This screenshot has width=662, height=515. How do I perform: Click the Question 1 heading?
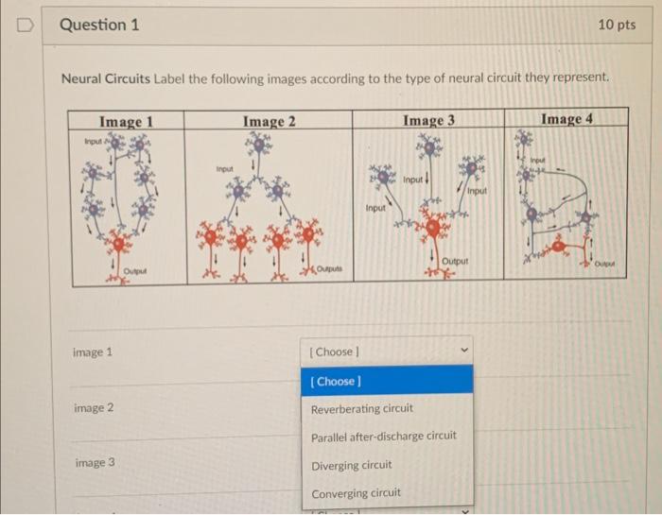[99, 25]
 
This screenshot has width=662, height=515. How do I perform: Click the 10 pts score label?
[617, 25]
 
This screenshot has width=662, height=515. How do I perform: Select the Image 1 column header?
[126, 121]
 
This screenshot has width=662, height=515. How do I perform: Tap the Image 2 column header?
[269, 121]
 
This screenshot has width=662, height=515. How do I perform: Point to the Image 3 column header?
[428, 120]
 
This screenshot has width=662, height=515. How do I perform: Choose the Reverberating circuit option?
[362, 409]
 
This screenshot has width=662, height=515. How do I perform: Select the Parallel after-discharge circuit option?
[384, 436]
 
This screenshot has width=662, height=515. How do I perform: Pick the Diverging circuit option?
[352, 465]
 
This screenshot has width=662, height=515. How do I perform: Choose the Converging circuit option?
[356, 492]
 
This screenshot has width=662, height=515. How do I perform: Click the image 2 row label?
[94, 408]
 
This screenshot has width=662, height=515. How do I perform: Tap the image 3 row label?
[94, 463]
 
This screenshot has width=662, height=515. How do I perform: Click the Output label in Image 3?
[456, 260]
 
